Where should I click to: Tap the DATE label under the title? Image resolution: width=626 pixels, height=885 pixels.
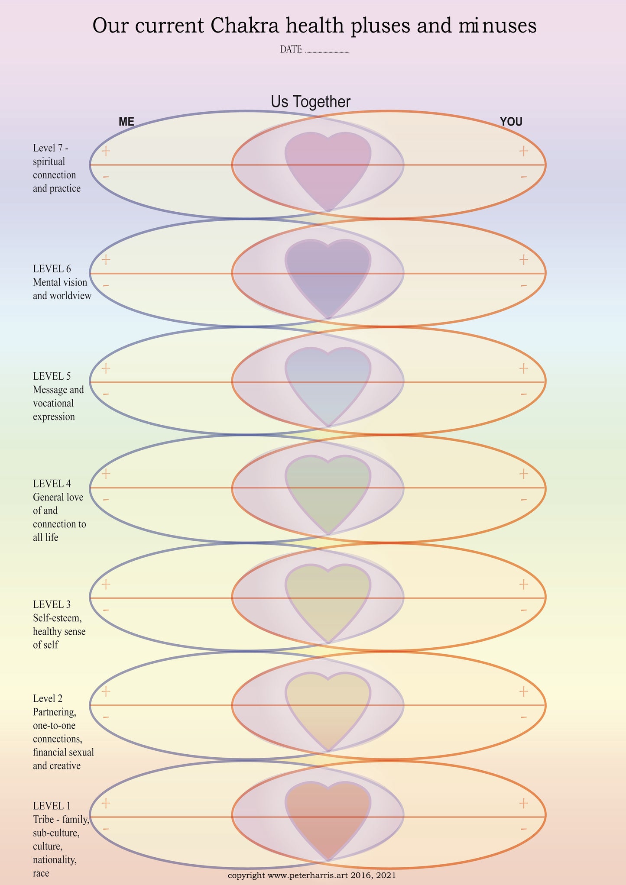291,49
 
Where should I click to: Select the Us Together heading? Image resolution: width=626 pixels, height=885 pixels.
311,102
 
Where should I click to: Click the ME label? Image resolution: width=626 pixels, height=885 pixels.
126,122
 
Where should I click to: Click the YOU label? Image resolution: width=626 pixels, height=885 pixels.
511,122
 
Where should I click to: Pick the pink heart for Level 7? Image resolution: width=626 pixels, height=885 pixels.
328,167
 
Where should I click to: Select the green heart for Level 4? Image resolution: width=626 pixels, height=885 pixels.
328,490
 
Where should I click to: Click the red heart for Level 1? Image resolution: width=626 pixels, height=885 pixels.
328,816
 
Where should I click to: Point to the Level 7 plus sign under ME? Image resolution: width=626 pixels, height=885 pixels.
106,151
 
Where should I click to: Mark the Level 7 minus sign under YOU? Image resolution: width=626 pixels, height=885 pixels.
524,177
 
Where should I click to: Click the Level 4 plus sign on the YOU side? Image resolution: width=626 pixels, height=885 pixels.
524,474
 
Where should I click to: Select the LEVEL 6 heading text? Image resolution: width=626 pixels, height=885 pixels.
52,268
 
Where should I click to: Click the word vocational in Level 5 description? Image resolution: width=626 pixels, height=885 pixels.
53,403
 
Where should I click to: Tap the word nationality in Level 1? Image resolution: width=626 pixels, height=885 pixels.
55,859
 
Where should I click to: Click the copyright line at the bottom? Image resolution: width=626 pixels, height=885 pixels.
312,875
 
